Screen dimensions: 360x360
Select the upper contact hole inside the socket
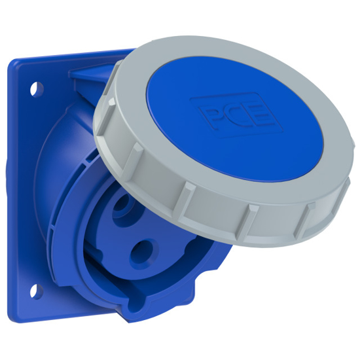pyautogui.click(x=122, y=208)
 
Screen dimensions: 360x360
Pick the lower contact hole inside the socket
pyautogui.click(x=139, y=250)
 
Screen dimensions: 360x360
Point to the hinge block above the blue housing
pyautogui.click(x=92, y=79)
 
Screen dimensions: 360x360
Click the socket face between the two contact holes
pyautogui.click(x=131, y=229)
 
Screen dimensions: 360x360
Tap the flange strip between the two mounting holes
pyautogui.click(x=26, y=187)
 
